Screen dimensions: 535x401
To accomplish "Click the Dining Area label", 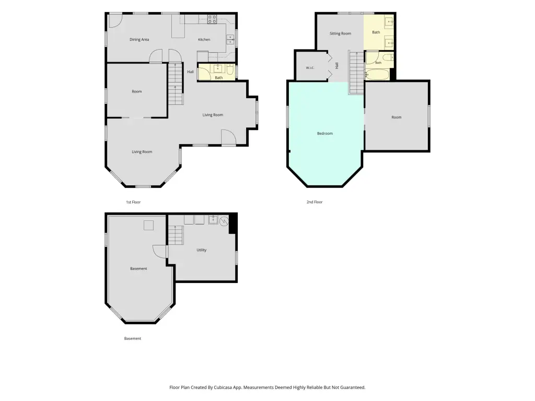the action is [x=139, y=40].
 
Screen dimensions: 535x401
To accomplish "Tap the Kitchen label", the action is [x=204, y=40].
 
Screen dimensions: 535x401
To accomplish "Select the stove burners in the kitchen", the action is [x=212, y=19].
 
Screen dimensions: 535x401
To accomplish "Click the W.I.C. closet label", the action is [x=310, y=68].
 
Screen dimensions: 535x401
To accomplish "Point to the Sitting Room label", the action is [x=340, y=33].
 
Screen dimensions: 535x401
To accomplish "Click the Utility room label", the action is [x=201, y=250].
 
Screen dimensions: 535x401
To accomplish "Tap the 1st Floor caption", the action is [x=133, y=202].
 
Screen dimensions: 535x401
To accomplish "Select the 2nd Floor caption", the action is [x=314, y=202].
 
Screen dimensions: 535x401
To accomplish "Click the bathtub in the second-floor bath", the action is [x=377, y=75].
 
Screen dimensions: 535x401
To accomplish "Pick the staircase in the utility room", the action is [x=176, y=235].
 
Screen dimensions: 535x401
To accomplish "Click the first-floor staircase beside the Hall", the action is [x=176, y=84].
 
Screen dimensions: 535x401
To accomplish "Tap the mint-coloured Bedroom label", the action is [x=325, y=133].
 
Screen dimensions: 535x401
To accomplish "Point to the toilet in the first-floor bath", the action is [x=230, y=70].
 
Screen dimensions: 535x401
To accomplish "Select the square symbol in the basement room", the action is [x=148, y=226].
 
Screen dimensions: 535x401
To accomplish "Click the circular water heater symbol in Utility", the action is [x=224, y=221].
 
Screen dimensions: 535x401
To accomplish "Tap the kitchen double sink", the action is [x=230, y=40].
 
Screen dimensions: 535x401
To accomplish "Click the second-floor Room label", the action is [x=396, y=117].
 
